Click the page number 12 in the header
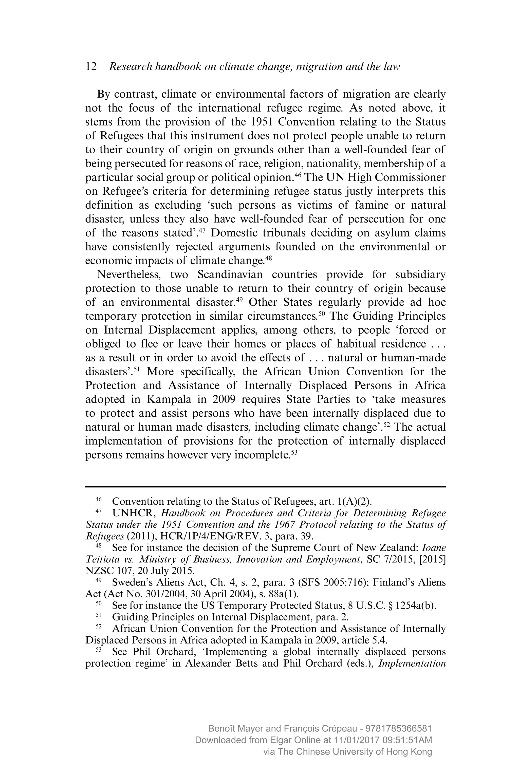click(x=91, y=67)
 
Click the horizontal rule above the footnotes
click(x=265, y=487)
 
